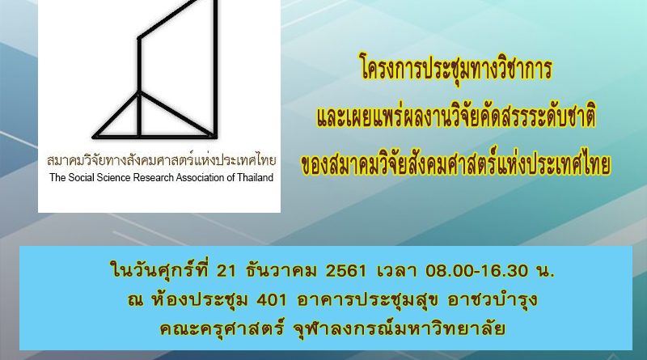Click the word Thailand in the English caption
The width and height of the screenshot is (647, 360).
(256, 177)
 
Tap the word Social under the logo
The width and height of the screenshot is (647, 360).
(81, 177)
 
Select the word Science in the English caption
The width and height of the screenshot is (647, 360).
(112, 177)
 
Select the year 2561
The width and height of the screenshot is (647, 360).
(346, 271)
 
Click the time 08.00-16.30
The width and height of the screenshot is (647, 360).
(476, 271)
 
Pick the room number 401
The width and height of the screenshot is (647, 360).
(272, 300)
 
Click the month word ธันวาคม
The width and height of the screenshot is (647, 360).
(281, 271)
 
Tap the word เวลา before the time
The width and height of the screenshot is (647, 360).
(396, 271)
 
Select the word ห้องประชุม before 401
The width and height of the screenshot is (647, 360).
(200, 299)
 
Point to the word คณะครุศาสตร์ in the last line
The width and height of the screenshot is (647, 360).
(222, 328)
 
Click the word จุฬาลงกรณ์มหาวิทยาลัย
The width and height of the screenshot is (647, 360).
(399, 328)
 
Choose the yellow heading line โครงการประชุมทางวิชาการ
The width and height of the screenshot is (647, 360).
(456, 69)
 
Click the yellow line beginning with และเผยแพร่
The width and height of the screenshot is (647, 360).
(456, 116)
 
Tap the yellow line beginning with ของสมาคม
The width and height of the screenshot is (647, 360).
(456, 164)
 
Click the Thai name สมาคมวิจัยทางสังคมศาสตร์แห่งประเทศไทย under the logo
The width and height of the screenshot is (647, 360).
(161, 160)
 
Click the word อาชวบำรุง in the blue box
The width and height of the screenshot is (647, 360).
(493, 300)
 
